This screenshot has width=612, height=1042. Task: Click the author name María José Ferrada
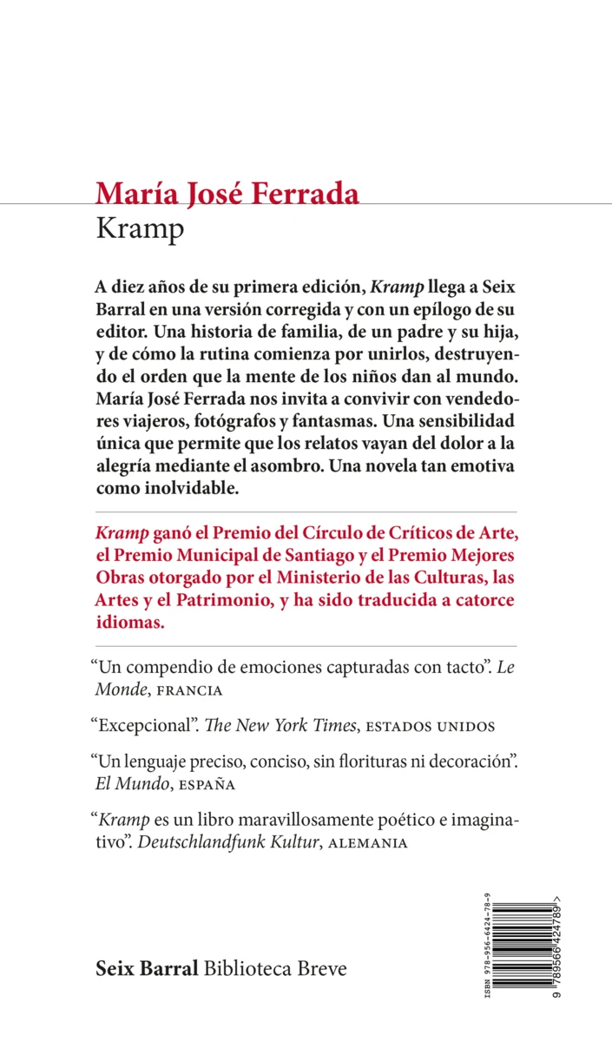[x=227, y=193]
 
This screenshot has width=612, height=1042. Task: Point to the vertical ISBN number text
[x=485, y=947]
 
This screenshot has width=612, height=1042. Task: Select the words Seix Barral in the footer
[x=147, y=968]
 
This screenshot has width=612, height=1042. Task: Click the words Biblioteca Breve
[x=274, y=968]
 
